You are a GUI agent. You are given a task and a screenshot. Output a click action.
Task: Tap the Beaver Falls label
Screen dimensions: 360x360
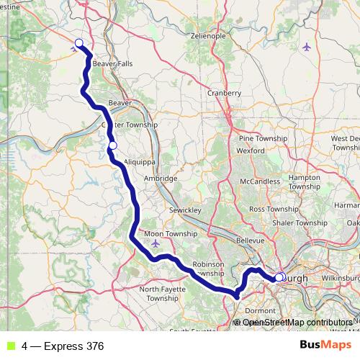(x=112, y=63)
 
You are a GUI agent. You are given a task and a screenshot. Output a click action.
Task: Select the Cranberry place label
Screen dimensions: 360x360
(x=224, y=93)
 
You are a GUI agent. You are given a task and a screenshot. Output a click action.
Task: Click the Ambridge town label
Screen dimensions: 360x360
(x=161, y=178)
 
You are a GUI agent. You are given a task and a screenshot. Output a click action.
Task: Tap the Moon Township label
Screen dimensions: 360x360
(x=171, y=234)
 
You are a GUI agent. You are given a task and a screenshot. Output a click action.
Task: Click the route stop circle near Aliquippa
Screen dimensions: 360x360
(x=112, y=146)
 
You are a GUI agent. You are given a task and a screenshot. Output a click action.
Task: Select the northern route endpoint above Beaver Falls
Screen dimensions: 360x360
(x=79, y=43)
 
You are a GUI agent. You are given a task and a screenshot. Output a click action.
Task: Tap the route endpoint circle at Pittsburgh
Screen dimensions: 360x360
(x=279, y=276)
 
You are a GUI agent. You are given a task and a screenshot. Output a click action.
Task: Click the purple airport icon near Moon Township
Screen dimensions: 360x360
(x=156, y=244)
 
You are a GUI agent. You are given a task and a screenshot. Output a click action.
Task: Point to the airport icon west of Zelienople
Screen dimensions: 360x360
(x=307, y=48)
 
